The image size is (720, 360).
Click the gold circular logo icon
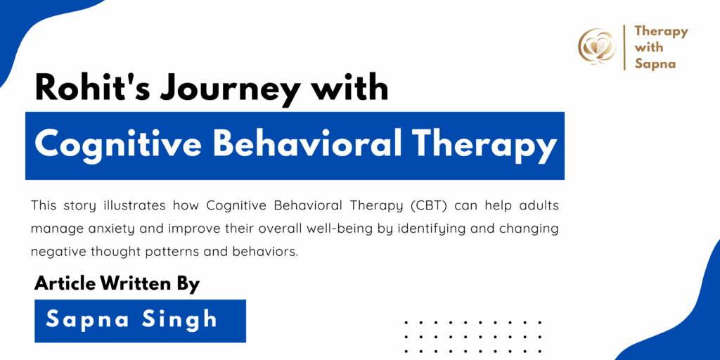[597, 46]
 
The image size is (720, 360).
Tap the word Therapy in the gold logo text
[661, 32]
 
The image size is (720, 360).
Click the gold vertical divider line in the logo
[624, 47]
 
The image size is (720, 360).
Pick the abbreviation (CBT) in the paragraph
[431, 206]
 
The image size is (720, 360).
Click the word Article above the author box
[65, 284]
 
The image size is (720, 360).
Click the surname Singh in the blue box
[181, 320]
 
